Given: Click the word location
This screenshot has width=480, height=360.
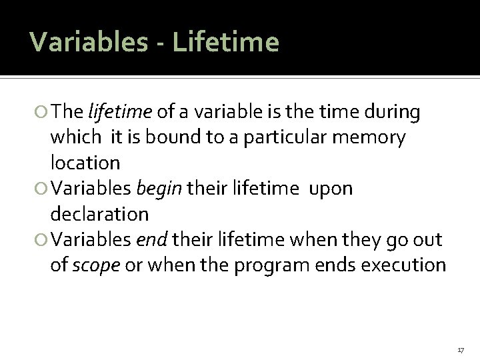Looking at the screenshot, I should coord(85,162).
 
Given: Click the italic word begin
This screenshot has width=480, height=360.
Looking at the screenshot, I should coord(159,189).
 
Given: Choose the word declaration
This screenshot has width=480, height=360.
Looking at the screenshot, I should coord(99,214).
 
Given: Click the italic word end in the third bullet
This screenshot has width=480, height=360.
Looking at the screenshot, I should coord(148,239).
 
